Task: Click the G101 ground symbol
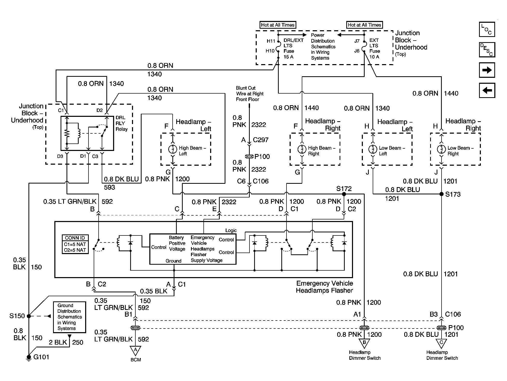tap(29, 357)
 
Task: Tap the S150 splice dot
tap(29, 316)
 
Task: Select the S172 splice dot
tap(344, 194)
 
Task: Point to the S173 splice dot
tap(442, 194)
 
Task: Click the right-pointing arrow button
tap(487, 70)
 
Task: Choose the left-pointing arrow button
tap(487, 90)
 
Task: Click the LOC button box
tap(487, 29)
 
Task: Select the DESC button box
tap(487, 50)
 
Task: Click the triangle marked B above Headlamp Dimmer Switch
tap(364, 343)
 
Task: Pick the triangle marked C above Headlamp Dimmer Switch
tap(442, 343)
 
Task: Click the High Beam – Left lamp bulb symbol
tap(173, 149)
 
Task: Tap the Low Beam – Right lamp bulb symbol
tap(442, 149)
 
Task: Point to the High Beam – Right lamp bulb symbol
tap(302, 149)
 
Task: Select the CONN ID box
tap(75, 244)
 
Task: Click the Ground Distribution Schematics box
tap(69, 317)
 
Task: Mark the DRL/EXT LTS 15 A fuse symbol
tap(278, 46)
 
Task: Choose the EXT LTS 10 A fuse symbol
tap(364, 46)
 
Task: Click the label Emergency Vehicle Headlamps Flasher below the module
tap(325, 287)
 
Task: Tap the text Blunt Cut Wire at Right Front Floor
tap(249, 94)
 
